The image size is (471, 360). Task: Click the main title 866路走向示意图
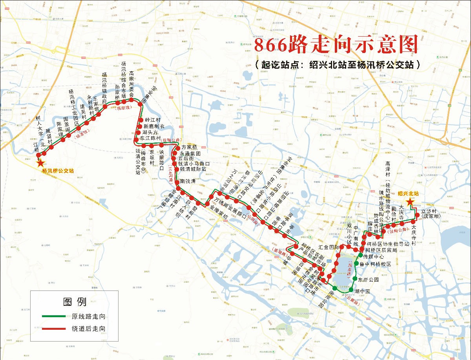point(336,45)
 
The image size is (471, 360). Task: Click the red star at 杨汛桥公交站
point(40,163)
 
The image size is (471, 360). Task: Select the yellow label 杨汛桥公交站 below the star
point(58,171)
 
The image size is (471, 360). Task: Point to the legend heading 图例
point(75,302)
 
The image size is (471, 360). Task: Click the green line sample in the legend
point(54,316)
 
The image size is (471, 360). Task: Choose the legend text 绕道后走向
point(88,329)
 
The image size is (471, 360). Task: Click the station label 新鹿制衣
point(154,126)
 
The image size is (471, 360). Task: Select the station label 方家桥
point(189,148)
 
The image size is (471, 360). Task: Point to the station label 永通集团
point(190,154)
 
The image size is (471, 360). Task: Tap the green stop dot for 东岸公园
point(354,279)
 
